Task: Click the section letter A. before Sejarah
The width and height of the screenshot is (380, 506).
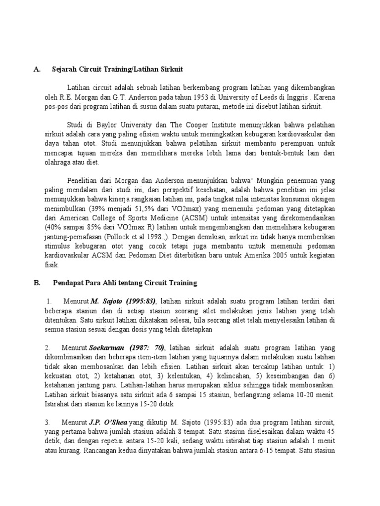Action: pos(37,70)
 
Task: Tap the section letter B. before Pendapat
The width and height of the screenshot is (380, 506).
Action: pos(37,283)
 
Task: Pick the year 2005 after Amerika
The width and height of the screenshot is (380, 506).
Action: pos(287,255)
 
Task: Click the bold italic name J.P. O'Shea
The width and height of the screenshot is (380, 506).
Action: pos(108,422)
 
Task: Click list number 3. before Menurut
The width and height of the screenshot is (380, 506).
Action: pos(47,422)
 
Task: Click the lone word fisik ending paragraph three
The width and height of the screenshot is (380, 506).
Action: pos(51,264)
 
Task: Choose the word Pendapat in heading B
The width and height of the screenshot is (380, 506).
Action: pos(69,283)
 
